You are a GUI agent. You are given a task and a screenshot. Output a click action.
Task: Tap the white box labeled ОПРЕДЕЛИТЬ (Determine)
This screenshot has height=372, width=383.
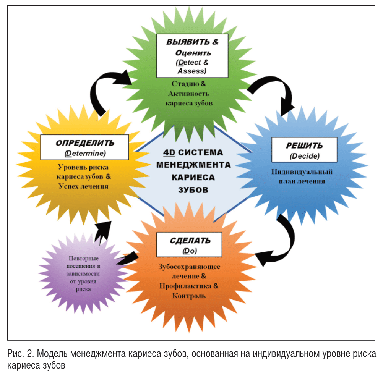tap(85, 147)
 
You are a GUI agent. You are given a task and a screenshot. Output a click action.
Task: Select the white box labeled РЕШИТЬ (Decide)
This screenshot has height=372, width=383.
tap(304, 150)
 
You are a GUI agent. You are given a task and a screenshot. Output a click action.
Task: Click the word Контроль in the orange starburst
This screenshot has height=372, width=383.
tap(189, 296)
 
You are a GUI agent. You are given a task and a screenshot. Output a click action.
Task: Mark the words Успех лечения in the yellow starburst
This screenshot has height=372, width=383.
tap(84, 186)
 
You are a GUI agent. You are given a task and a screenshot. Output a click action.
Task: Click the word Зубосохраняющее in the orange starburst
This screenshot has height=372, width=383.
tap(189, 266)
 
